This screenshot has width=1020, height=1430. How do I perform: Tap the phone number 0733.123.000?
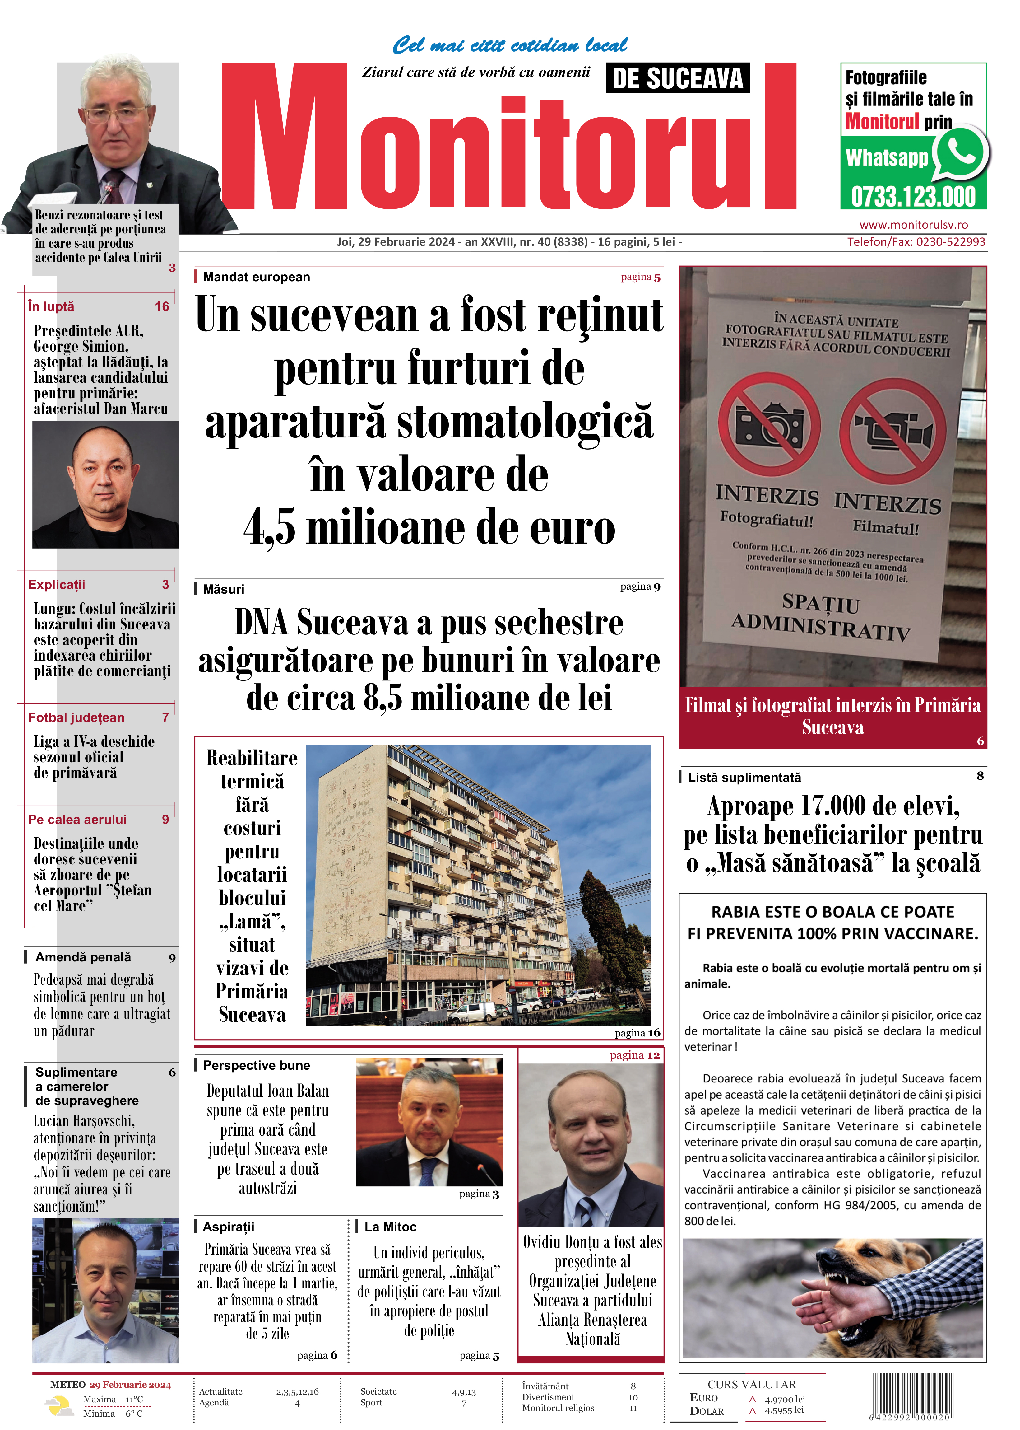tap(913, 197)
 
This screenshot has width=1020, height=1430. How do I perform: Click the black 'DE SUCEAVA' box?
tap(678, 78)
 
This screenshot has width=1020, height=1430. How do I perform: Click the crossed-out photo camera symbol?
tap(769, 424)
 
